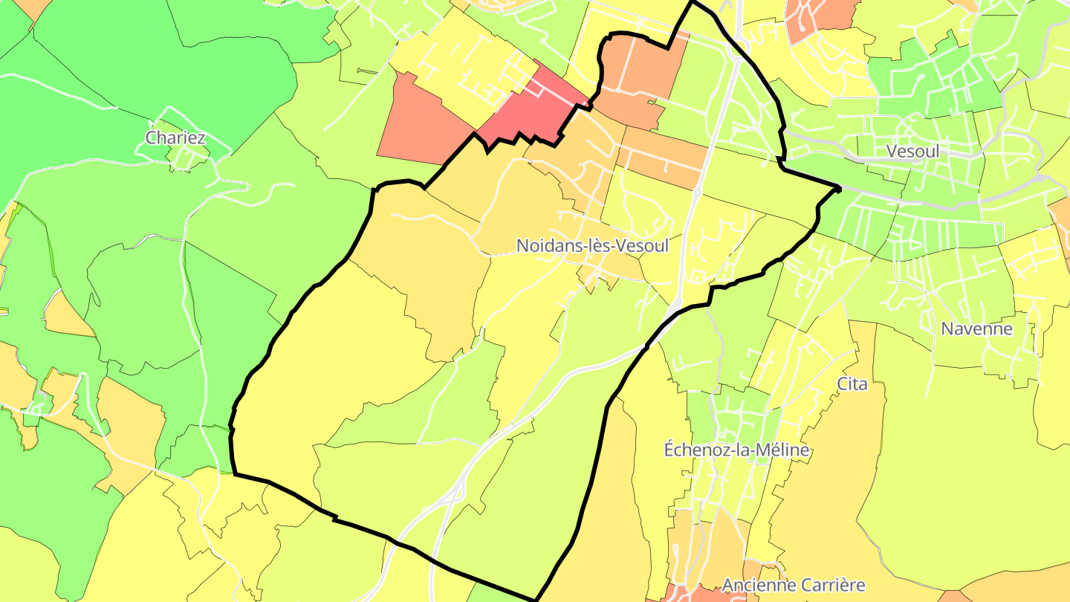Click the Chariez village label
tap(175, 137)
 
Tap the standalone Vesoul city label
tap(912, 151)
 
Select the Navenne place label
tap(976, 328)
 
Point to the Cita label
tap(852, 383)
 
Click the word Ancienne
tap(756, 585)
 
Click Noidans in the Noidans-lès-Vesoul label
tap(543, 245)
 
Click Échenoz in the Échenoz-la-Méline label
tap(692, 450)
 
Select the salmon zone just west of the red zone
tap(420, 123)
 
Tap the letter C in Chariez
tap(152, 137)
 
